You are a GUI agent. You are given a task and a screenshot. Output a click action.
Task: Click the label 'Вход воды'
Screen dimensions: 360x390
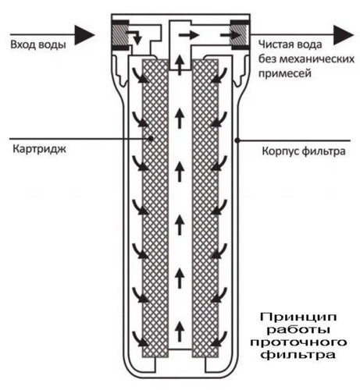tap(38, 44)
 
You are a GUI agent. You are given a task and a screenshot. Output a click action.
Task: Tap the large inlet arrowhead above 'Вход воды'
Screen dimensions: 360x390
tap(84, 34)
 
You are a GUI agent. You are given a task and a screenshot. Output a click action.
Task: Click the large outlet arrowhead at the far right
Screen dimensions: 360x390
tap(344, 34)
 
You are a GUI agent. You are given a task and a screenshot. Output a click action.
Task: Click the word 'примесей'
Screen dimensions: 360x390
tap(285, 73)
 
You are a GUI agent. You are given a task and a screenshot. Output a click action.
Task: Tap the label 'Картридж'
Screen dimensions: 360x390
tap(39, 150)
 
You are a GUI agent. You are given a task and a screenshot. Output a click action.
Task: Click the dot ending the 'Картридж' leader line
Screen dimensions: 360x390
tap(151, 138)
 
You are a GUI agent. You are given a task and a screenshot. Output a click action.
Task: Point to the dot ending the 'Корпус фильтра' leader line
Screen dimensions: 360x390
tap(237, 140)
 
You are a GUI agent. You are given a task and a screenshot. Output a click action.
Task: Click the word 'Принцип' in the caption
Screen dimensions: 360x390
tap(298, 317)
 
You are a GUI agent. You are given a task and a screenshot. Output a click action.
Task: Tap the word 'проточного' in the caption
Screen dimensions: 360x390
tap(298, 342)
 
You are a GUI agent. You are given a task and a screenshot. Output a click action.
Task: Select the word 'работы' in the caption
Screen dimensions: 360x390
tap(298, 330)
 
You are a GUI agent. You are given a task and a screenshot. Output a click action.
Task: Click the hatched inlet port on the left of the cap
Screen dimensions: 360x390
tap(119, 34)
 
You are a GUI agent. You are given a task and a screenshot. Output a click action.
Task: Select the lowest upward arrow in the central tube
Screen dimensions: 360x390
tap(180, 331)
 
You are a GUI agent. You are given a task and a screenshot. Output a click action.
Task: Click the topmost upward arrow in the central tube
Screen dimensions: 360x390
tap(180, 66)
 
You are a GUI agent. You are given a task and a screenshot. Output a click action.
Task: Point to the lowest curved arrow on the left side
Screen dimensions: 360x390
tap(141, 339)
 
